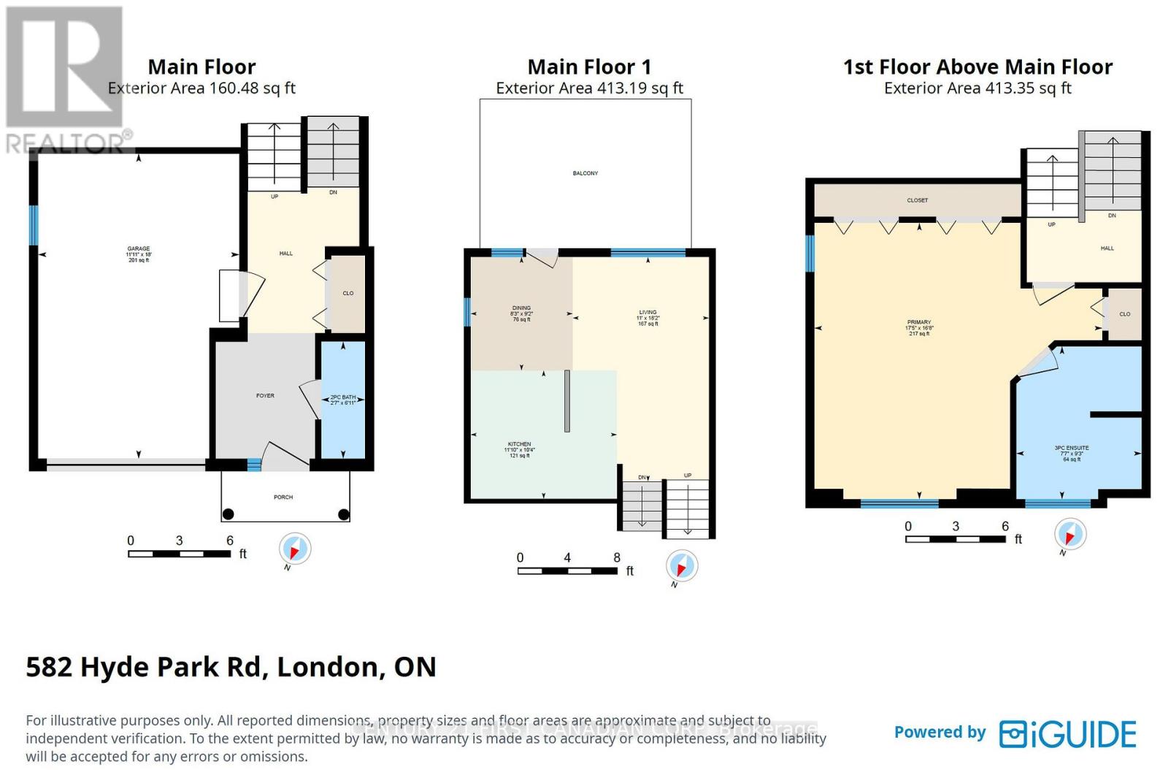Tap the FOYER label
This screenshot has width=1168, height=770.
click(265, 396)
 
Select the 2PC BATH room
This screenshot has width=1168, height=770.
click(342, 400)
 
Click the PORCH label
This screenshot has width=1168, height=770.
click(283, 497)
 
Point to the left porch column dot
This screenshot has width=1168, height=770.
click(228, 514)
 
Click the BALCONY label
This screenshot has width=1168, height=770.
click(585, 173)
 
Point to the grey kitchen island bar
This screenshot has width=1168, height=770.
click(566, 401)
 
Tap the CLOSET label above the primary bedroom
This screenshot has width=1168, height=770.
click(918, 200)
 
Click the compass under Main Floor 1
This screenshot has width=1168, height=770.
click(682, 566)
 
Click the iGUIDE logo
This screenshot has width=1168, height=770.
click(1068, 733)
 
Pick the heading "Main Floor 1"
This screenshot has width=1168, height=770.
click(589, 67)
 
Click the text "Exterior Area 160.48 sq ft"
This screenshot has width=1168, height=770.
click(201, 88)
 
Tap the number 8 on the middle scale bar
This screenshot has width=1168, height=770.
click(617, 557)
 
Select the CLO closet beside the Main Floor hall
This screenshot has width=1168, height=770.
click(348, 293)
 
